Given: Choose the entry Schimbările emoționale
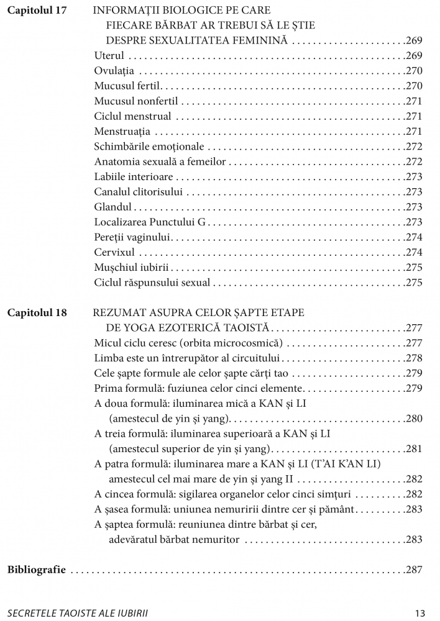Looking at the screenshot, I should click(148, 147).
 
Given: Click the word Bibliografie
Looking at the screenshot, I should click(37, 569).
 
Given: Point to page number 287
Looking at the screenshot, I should click(413, 569).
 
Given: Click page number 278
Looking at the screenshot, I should click(413, 358).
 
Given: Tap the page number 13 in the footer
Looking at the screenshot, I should click(420, 612).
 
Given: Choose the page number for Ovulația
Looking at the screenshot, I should click(413, 71).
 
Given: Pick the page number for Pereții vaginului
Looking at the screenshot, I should click(413, 237).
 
